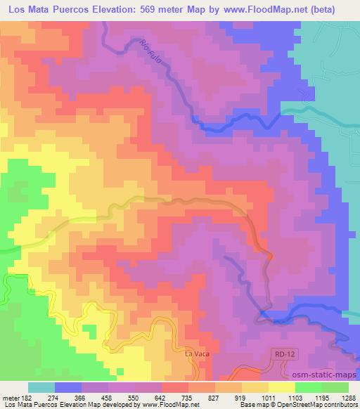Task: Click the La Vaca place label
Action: coord(196,353)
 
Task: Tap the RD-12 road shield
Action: coord(282,356)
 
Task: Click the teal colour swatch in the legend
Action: coord(41,387)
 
